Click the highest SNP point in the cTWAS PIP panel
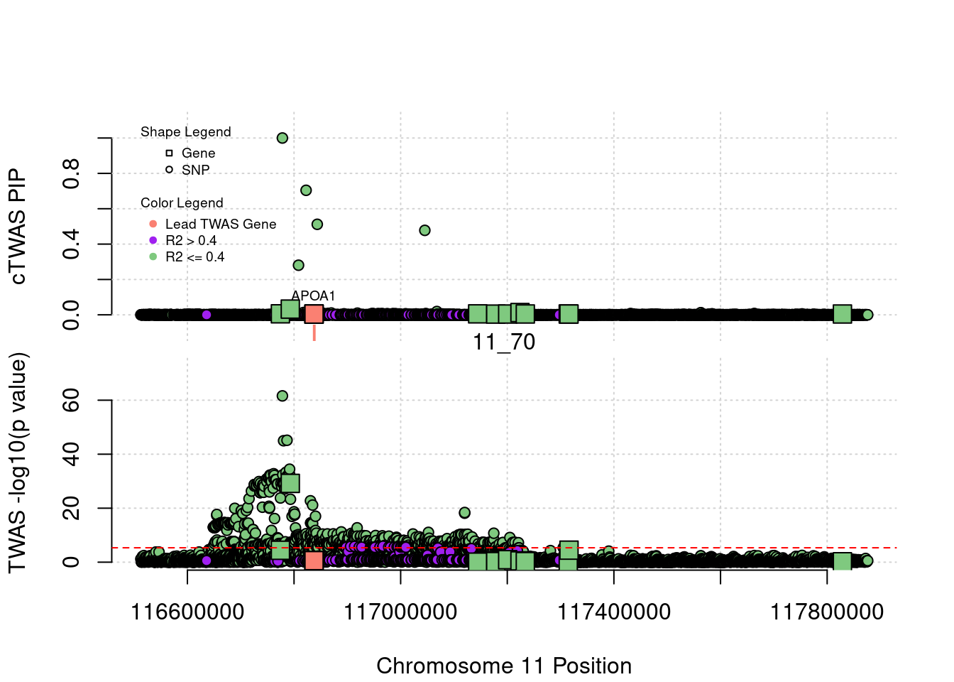coord(283,138)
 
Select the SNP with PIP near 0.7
coord(306,190)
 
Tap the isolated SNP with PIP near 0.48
coord(424,230)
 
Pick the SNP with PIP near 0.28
coord(298,265)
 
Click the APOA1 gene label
coord(313,296)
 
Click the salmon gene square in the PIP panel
coord(314,314)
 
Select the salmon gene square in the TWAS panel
coord(314,561)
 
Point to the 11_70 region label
coord(504,342)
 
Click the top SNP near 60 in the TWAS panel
coord(283,396)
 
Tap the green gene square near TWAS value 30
coord(290,483)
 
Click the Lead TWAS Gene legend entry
coord(220,224)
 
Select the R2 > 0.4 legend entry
coord(190,241)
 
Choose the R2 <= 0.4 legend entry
coord(194,257)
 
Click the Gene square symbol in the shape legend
coord(169,153)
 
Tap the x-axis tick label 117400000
coord(613,612)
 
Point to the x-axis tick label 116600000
coord(187,612)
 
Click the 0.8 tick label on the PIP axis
coord(72,173)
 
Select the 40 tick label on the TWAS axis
coord(72,454)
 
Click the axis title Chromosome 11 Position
coord(504,666)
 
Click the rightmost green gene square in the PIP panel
coord(842,314)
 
